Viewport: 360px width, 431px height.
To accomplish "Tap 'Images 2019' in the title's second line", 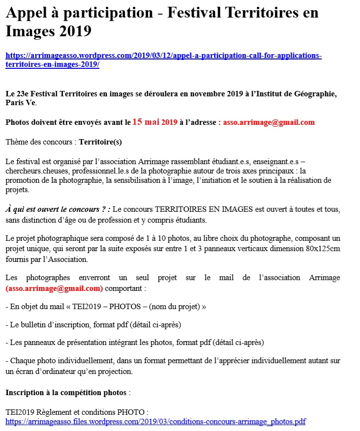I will coord(48,31).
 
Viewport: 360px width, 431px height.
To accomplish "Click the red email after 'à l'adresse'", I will coord(269,122).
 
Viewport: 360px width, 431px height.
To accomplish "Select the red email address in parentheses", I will coord(54,288).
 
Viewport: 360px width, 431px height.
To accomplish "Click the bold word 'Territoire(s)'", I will coord(100,142).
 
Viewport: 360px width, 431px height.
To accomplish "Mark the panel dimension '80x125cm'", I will coord(322,249).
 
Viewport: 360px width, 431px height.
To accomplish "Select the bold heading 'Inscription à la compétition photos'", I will coord(66,393).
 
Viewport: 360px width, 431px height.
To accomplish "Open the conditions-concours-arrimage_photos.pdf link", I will coord(155,421).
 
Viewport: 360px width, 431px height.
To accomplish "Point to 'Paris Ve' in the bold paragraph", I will coord(20,103).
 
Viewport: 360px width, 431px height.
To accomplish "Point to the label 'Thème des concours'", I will coord(40,142).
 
